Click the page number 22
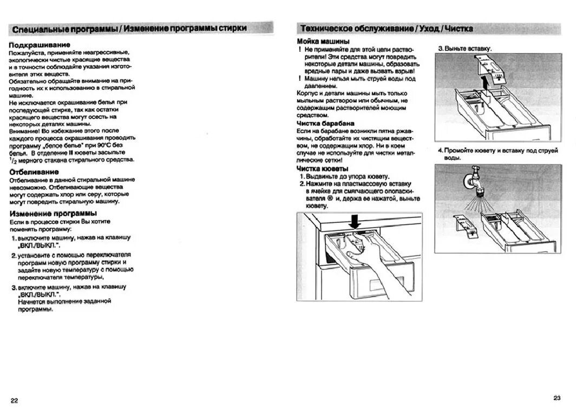tap(15, 400)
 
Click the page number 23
tap(557, 397)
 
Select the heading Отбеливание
tap(35, 171)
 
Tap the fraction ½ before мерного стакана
tap(11, 160)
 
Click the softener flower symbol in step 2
tap(329, 199)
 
